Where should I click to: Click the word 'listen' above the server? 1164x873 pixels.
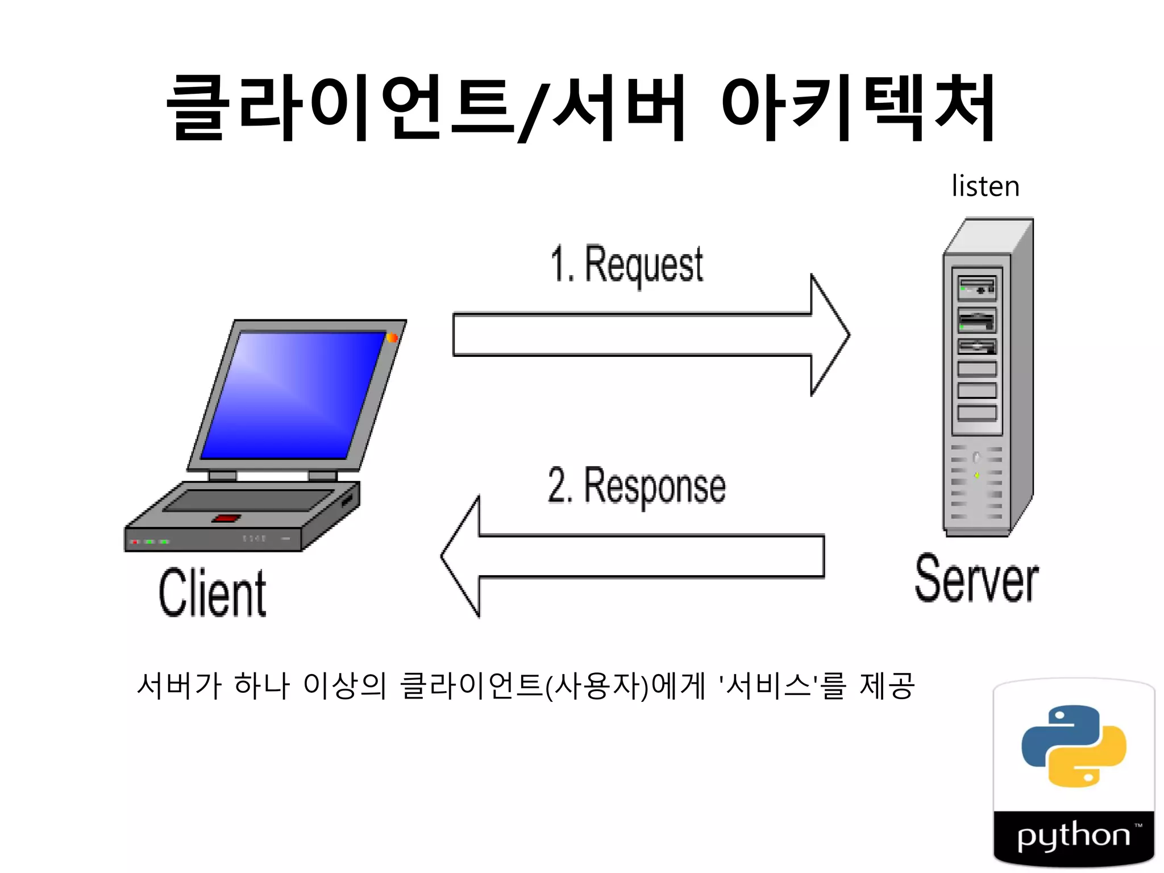[x=985, y=186]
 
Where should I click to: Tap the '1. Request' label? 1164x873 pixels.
[x=626, y=264]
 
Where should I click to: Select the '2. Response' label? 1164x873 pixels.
[x=637, y=486]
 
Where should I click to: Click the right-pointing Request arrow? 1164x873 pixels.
[x=648, y=335]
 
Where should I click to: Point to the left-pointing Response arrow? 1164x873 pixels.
[x=631, y=556]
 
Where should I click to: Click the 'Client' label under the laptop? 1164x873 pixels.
[x=212, y=593]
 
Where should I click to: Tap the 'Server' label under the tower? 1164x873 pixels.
[x=976, y=579]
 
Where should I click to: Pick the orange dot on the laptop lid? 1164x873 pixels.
[x=392, y=338]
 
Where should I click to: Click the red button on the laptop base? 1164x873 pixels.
[x=226, y=518]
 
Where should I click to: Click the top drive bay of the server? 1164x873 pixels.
[x=976, y=287]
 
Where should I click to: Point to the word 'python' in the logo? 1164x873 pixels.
[x=1073, y=835]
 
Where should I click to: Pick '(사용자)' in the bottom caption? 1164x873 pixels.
[x=597, y=685]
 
